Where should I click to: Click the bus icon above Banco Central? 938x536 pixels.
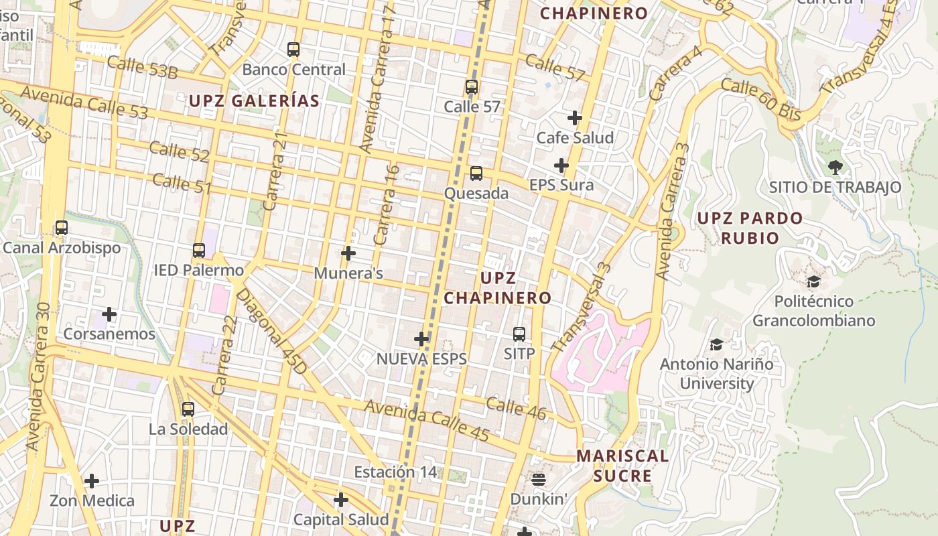[293, 49]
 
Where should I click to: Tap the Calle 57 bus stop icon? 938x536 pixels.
[471, 87]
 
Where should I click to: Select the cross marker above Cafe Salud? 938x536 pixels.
[574, 118]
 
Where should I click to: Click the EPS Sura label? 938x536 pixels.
[561, 185]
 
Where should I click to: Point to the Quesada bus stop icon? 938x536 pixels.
[476, 174]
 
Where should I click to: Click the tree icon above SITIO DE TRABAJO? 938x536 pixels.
[835, 167]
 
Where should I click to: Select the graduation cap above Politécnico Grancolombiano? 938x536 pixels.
[813, 281]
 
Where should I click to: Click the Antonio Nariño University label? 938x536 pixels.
[716, 374]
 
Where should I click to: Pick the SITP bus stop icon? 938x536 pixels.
[519, 334]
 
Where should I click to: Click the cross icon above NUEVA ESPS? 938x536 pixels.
[421, 339]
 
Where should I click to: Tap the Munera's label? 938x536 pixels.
[348, 273]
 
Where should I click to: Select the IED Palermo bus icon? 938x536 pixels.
[198, 251]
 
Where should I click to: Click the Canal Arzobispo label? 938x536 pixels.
[62, 248]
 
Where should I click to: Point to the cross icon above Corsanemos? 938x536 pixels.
[109, 314]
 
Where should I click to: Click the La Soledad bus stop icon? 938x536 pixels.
[188, 409]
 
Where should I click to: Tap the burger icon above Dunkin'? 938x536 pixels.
[539, 479]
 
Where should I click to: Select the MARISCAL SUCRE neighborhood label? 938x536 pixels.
[622, 466]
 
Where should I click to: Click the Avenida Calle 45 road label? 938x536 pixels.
[427, 419]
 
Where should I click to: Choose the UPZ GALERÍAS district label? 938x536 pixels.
[254, 101]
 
